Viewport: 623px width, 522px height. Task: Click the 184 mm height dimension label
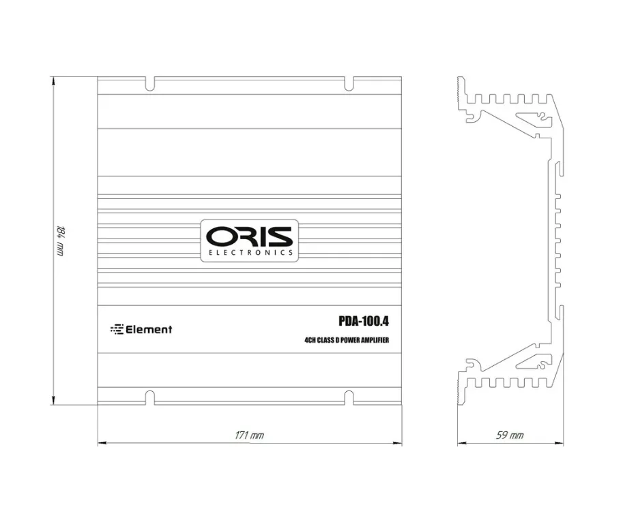[x=60, y=241]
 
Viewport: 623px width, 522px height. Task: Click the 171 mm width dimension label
[x=249, y=435]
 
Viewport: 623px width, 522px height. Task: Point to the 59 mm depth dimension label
[x=510, y=435]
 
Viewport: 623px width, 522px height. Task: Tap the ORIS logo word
[x=249, y=236]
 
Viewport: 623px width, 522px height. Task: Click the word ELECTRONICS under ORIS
[x=251, y=253]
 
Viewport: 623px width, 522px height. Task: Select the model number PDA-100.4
[x=364, y=321]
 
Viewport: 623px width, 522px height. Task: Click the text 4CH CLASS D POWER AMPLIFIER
[x=347, y=340]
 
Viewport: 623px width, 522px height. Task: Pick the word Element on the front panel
[x=149, y=330]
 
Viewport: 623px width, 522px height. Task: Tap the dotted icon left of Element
[x=117, y=330]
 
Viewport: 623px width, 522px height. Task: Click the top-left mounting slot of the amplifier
[x=149, y=83]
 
